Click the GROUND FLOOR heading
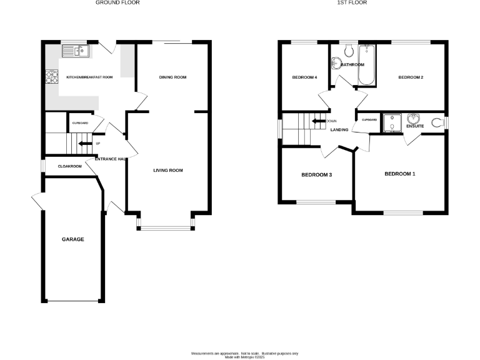point(117,3)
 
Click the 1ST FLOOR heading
point(352,3)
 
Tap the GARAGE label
point(72,239)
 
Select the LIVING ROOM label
point(168,171)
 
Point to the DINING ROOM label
point(173,77)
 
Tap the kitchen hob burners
point(50,77)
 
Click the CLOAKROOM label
point(70,166)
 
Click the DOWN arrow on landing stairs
point(318,121)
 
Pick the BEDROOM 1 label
point(399,174)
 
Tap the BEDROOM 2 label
point(411,77)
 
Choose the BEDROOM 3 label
point(316,175)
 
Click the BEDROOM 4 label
point(305,77)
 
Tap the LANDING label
point(339,130)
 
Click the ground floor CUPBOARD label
point(80,123)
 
